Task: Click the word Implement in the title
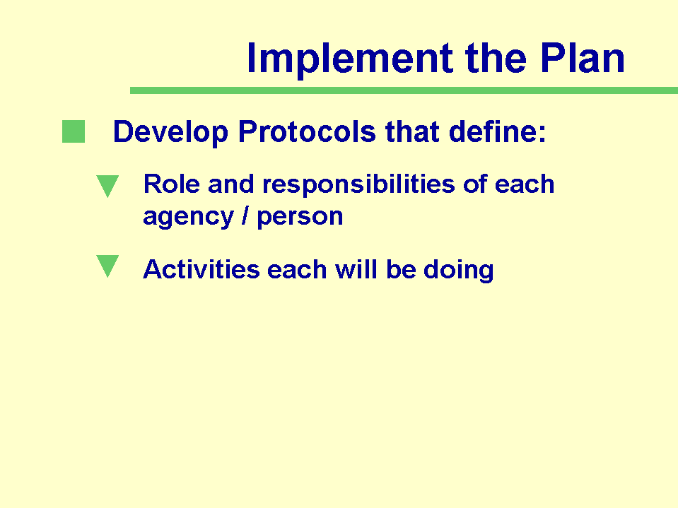[350, 59]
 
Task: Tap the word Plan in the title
[583, 57]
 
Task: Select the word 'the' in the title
[496, 57]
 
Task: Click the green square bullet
[74, 131]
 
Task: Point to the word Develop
[170, 132]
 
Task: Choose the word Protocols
[307, 131]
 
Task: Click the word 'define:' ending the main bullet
[498, 131]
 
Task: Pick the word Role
[171, 184]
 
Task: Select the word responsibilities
[359, 186]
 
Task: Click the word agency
[188, 218]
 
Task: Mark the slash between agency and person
[245, 215]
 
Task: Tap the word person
[300, 218]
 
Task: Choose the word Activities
[201, 270]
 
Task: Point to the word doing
[458, 271]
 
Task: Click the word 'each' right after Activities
[297, 270]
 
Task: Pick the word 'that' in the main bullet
[412, 131]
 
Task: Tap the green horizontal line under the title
[404, 90]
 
